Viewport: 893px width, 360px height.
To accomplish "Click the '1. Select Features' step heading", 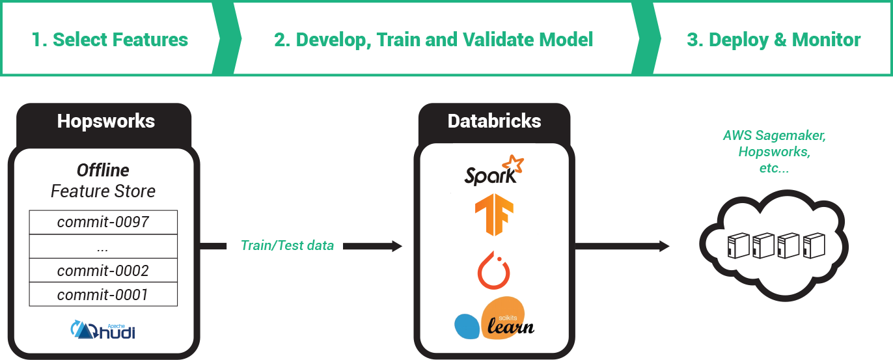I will tap(110, 40).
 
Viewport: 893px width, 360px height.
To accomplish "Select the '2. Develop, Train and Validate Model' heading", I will tap(433, 40).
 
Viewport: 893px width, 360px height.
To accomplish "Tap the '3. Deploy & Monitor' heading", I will tap(773, 40).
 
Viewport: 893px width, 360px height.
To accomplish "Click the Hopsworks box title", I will tap(105, 121).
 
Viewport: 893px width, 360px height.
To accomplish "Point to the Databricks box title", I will tap(494, 121).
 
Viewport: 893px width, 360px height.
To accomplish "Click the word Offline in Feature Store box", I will tap(103, 171).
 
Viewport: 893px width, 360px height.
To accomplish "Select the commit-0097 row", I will tap(103, 222).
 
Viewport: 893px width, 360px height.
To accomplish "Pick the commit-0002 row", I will tap(103, 271).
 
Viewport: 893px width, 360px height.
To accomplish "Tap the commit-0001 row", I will tap(103, 295).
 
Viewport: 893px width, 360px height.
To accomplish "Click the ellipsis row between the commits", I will tap(103, 247).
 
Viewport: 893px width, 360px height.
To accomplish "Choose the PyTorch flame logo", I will tap(494, 270).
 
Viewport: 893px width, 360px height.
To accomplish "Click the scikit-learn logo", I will tap(494, 320).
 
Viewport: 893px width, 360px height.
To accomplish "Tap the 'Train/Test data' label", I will tap(287, 245).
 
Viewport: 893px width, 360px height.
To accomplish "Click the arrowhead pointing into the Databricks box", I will tap(396, 246).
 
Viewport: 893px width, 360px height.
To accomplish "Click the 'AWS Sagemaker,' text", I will tap(773, 136).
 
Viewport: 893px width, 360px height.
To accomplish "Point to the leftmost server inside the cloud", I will tap(737, 247).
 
